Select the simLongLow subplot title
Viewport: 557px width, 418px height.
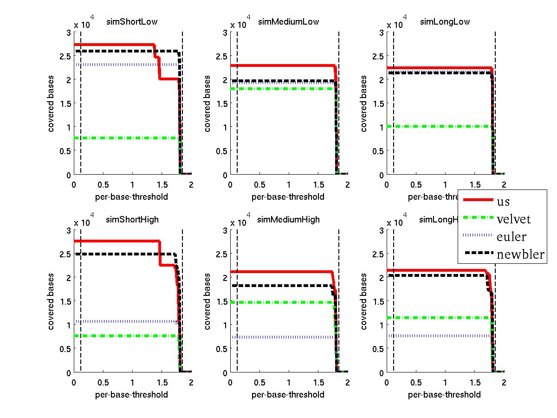(445, 21)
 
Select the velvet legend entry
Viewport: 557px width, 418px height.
(513, 219)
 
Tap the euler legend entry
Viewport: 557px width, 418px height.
(511, 237)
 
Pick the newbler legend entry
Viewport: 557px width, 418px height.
(520, 255)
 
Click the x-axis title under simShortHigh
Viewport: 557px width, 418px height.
(132, 395)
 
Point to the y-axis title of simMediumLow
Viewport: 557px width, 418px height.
(208, 103)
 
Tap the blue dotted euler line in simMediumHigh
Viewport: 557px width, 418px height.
(278, 337)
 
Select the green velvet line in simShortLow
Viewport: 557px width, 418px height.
(125, 138)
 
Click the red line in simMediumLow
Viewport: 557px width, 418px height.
(278, 65)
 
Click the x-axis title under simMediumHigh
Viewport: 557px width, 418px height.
(288, 395)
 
